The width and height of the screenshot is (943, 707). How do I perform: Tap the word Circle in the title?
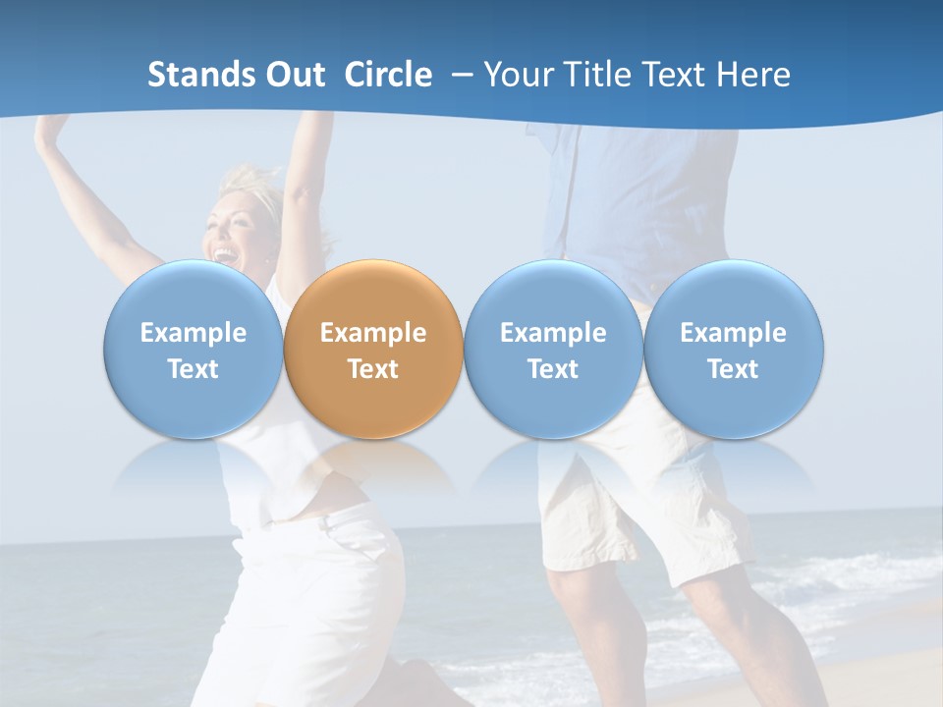[388, 75]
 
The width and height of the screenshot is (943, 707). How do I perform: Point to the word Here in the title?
[753, 75]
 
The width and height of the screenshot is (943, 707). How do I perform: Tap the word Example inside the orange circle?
[373, 333]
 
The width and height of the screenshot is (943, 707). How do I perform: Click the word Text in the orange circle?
[373, 369]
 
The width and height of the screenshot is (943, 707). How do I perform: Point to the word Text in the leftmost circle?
[194, 369]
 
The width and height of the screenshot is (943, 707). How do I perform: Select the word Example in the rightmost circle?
[734, 333]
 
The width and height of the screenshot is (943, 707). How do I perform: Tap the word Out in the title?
[294, 75]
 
